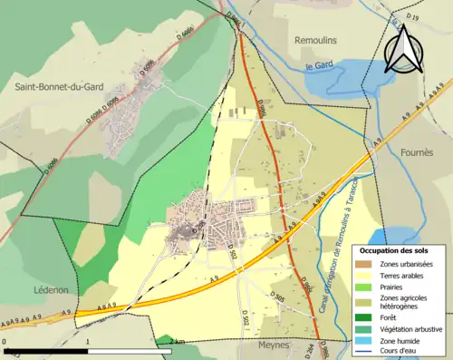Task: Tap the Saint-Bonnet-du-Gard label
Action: click(57, 86)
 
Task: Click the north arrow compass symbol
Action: click(404, 48)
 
